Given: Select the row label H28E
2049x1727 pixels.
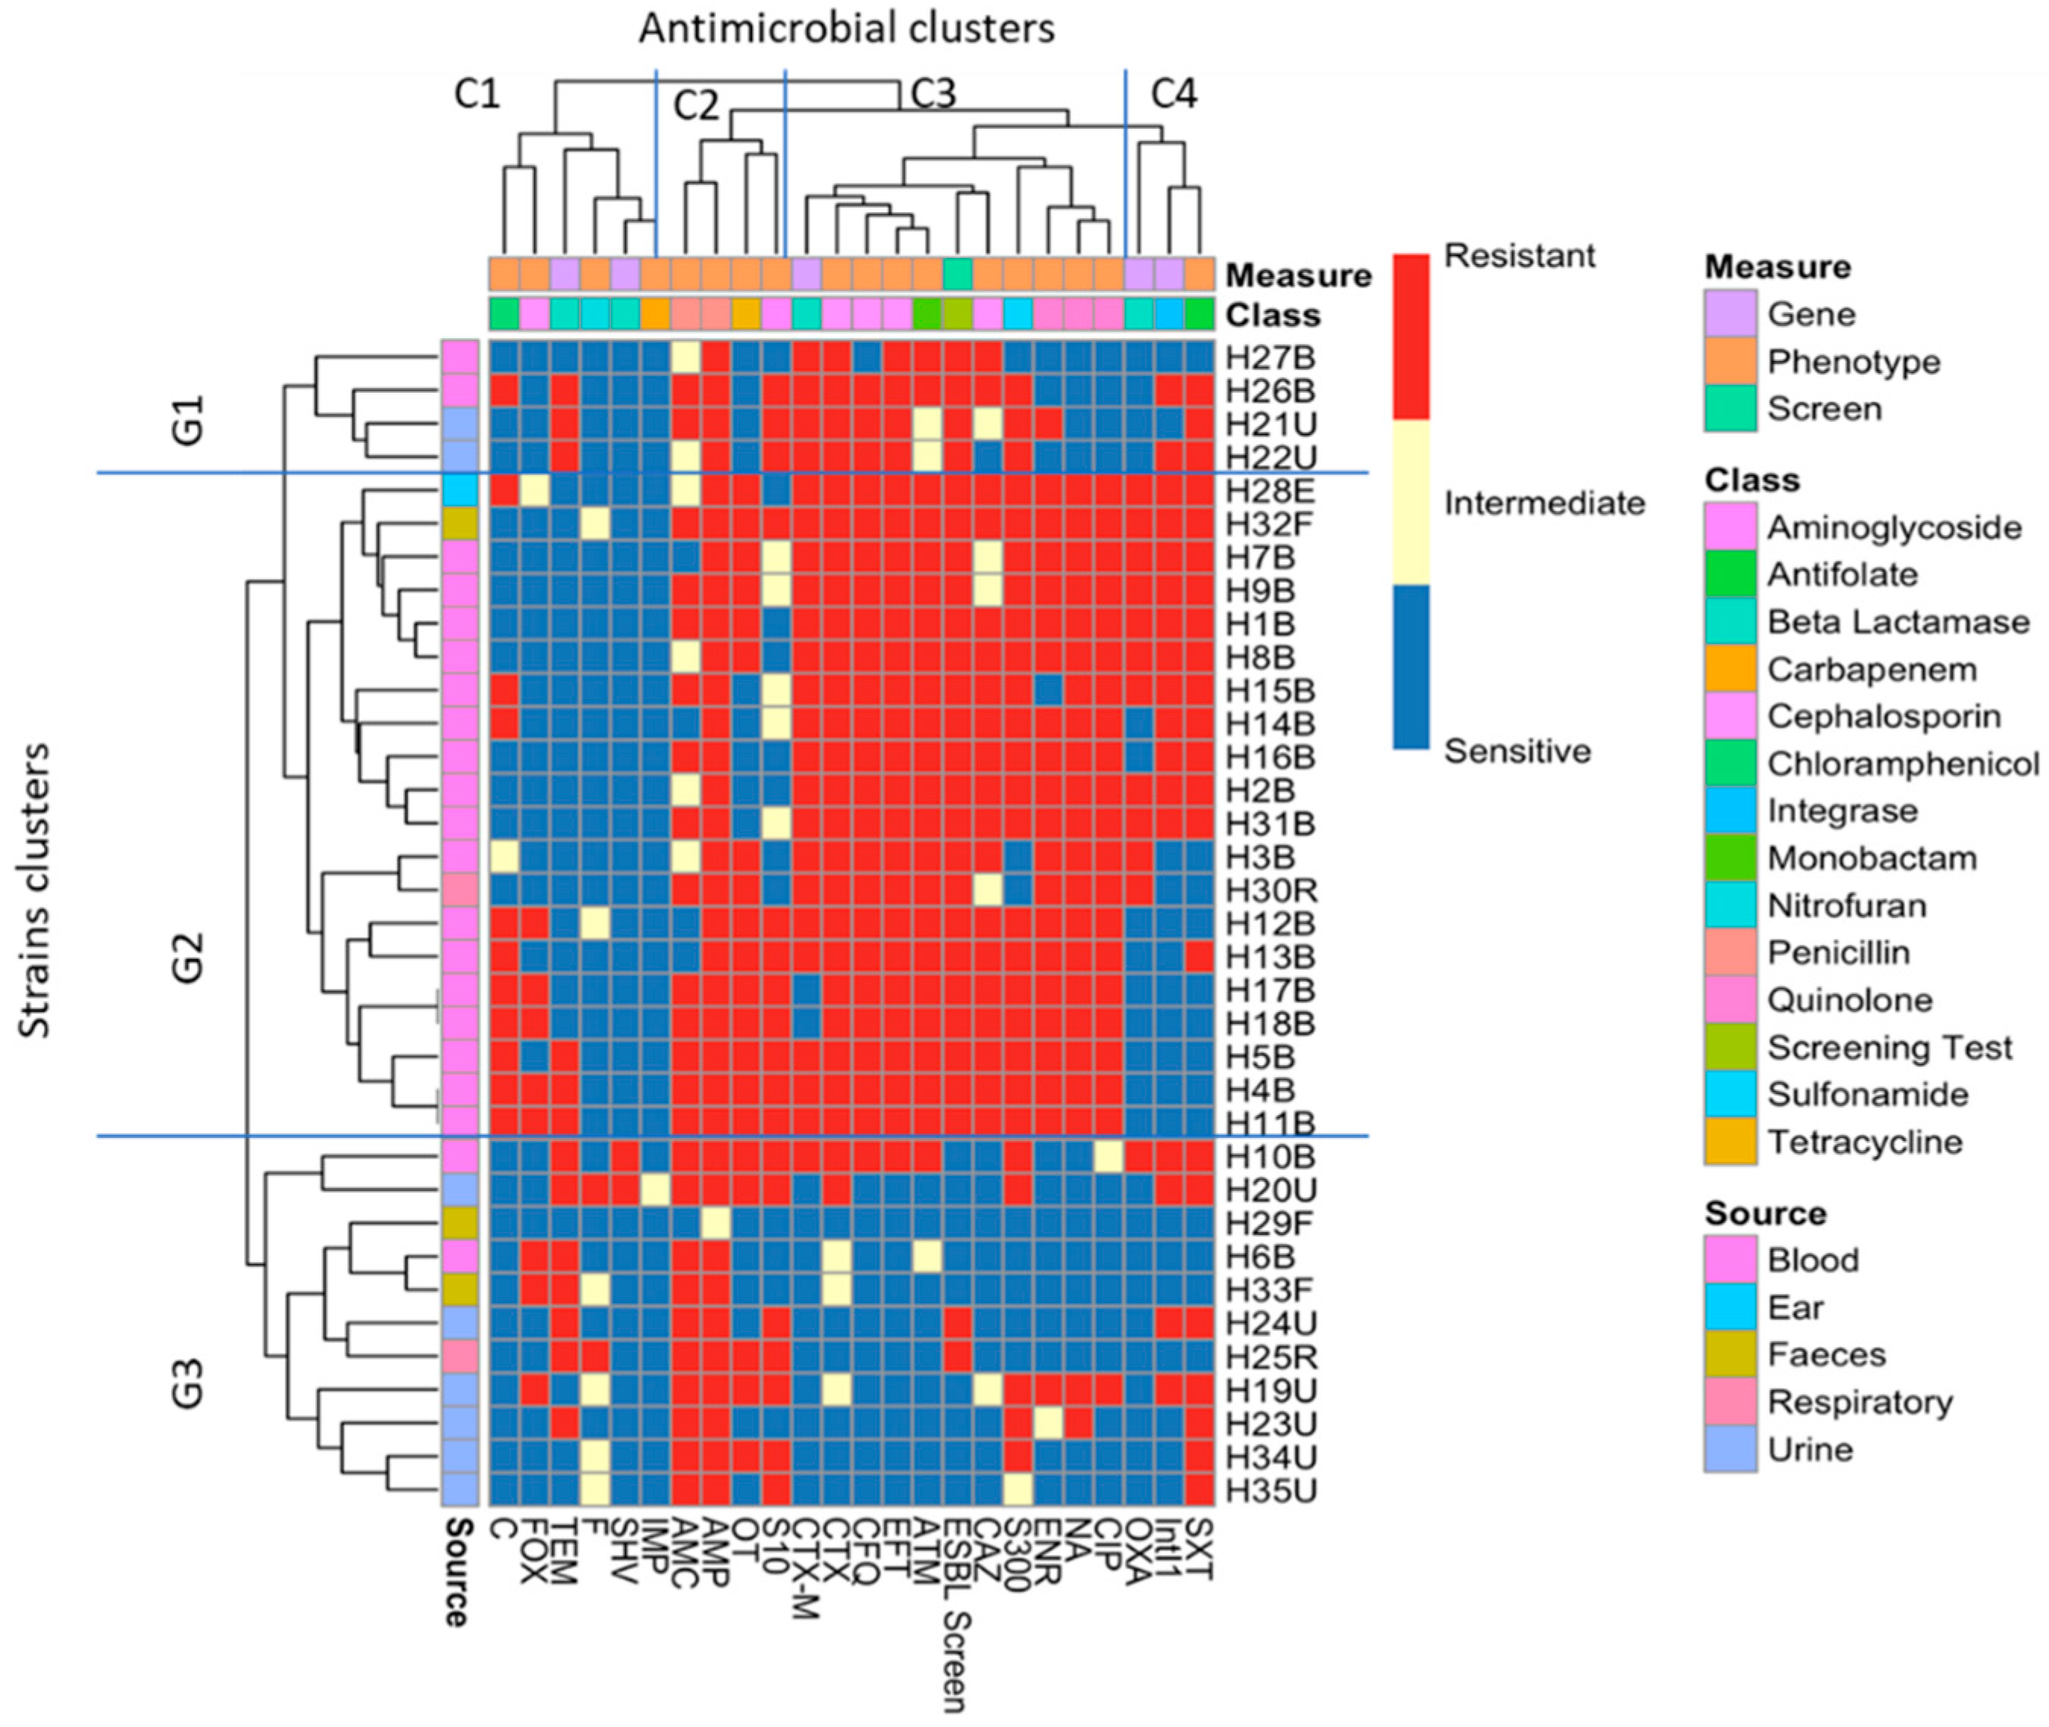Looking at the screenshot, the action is (x=1270, y=491).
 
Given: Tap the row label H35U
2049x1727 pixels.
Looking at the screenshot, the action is (x=1270, y=1490).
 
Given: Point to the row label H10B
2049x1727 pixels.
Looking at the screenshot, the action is (x=1270, y=1156).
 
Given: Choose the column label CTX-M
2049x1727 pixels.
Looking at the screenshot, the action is (x=805, y=1577).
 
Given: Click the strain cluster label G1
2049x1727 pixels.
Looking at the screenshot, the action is (x=187, y=420).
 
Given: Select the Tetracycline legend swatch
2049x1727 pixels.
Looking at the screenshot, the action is (x=1730, y=1142).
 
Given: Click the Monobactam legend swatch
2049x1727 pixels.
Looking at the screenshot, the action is (x=1730, y=859).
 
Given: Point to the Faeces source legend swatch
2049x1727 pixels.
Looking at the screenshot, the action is (x=1730, y=1355).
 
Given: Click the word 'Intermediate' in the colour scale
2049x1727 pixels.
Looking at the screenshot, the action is (x=1544, y=503).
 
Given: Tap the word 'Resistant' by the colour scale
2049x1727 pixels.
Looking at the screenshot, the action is (x=1518, y=255).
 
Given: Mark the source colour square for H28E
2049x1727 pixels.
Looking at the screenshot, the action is (x=459, y=491).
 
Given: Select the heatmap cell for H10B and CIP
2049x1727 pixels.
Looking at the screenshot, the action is (x=1108, y=1156).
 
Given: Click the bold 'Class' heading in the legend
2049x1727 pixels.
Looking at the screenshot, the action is (x=1751, y=481).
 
